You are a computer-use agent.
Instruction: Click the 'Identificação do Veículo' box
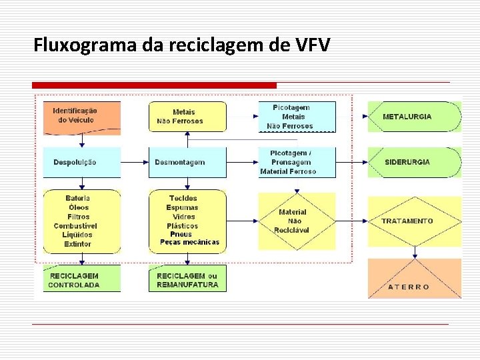[x=81, y=116]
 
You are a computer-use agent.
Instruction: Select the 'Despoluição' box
[x=81, y=162]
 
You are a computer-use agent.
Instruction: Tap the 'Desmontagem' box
[x=187, y=162]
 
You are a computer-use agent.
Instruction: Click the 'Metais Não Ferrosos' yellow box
[x=187, y=117]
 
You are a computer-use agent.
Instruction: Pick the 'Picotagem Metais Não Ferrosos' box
[x=297, y=117]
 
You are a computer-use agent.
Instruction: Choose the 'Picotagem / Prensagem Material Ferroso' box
[x=297, y=162]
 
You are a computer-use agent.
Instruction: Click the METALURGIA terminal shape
[x=413, y=117]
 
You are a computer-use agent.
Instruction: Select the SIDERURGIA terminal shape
[x=413, y=162]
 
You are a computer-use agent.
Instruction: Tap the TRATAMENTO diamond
[x=415, y=221]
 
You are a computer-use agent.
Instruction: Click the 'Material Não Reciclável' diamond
[x=297, y=221]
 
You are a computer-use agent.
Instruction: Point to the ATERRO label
[x=409, y=287]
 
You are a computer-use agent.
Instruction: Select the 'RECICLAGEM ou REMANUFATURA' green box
[x=187, y=279]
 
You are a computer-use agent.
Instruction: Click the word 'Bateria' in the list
[x=77, y=199]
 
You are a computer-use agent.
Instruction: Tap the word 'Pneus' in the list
[x=181, y=235]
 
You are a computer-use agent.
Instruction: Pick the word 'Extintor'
[x=77, y=244]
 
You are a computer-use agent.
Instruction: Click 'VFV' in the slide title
[x=311, y=45]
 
